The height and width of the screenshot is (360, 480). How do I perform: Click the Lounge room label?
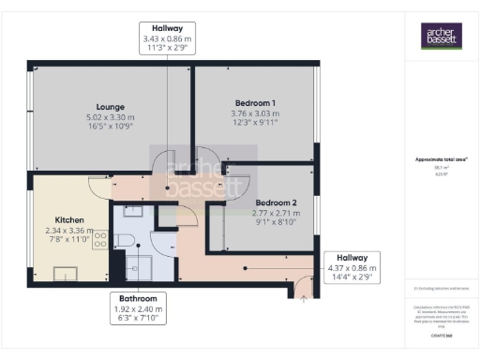coord(110,107)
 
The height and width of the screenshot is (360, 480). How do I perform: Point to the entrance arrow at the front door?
coord(303,299)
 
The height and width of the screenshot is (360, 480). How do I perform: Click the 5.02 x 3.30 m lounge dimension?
coord(110,118)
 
